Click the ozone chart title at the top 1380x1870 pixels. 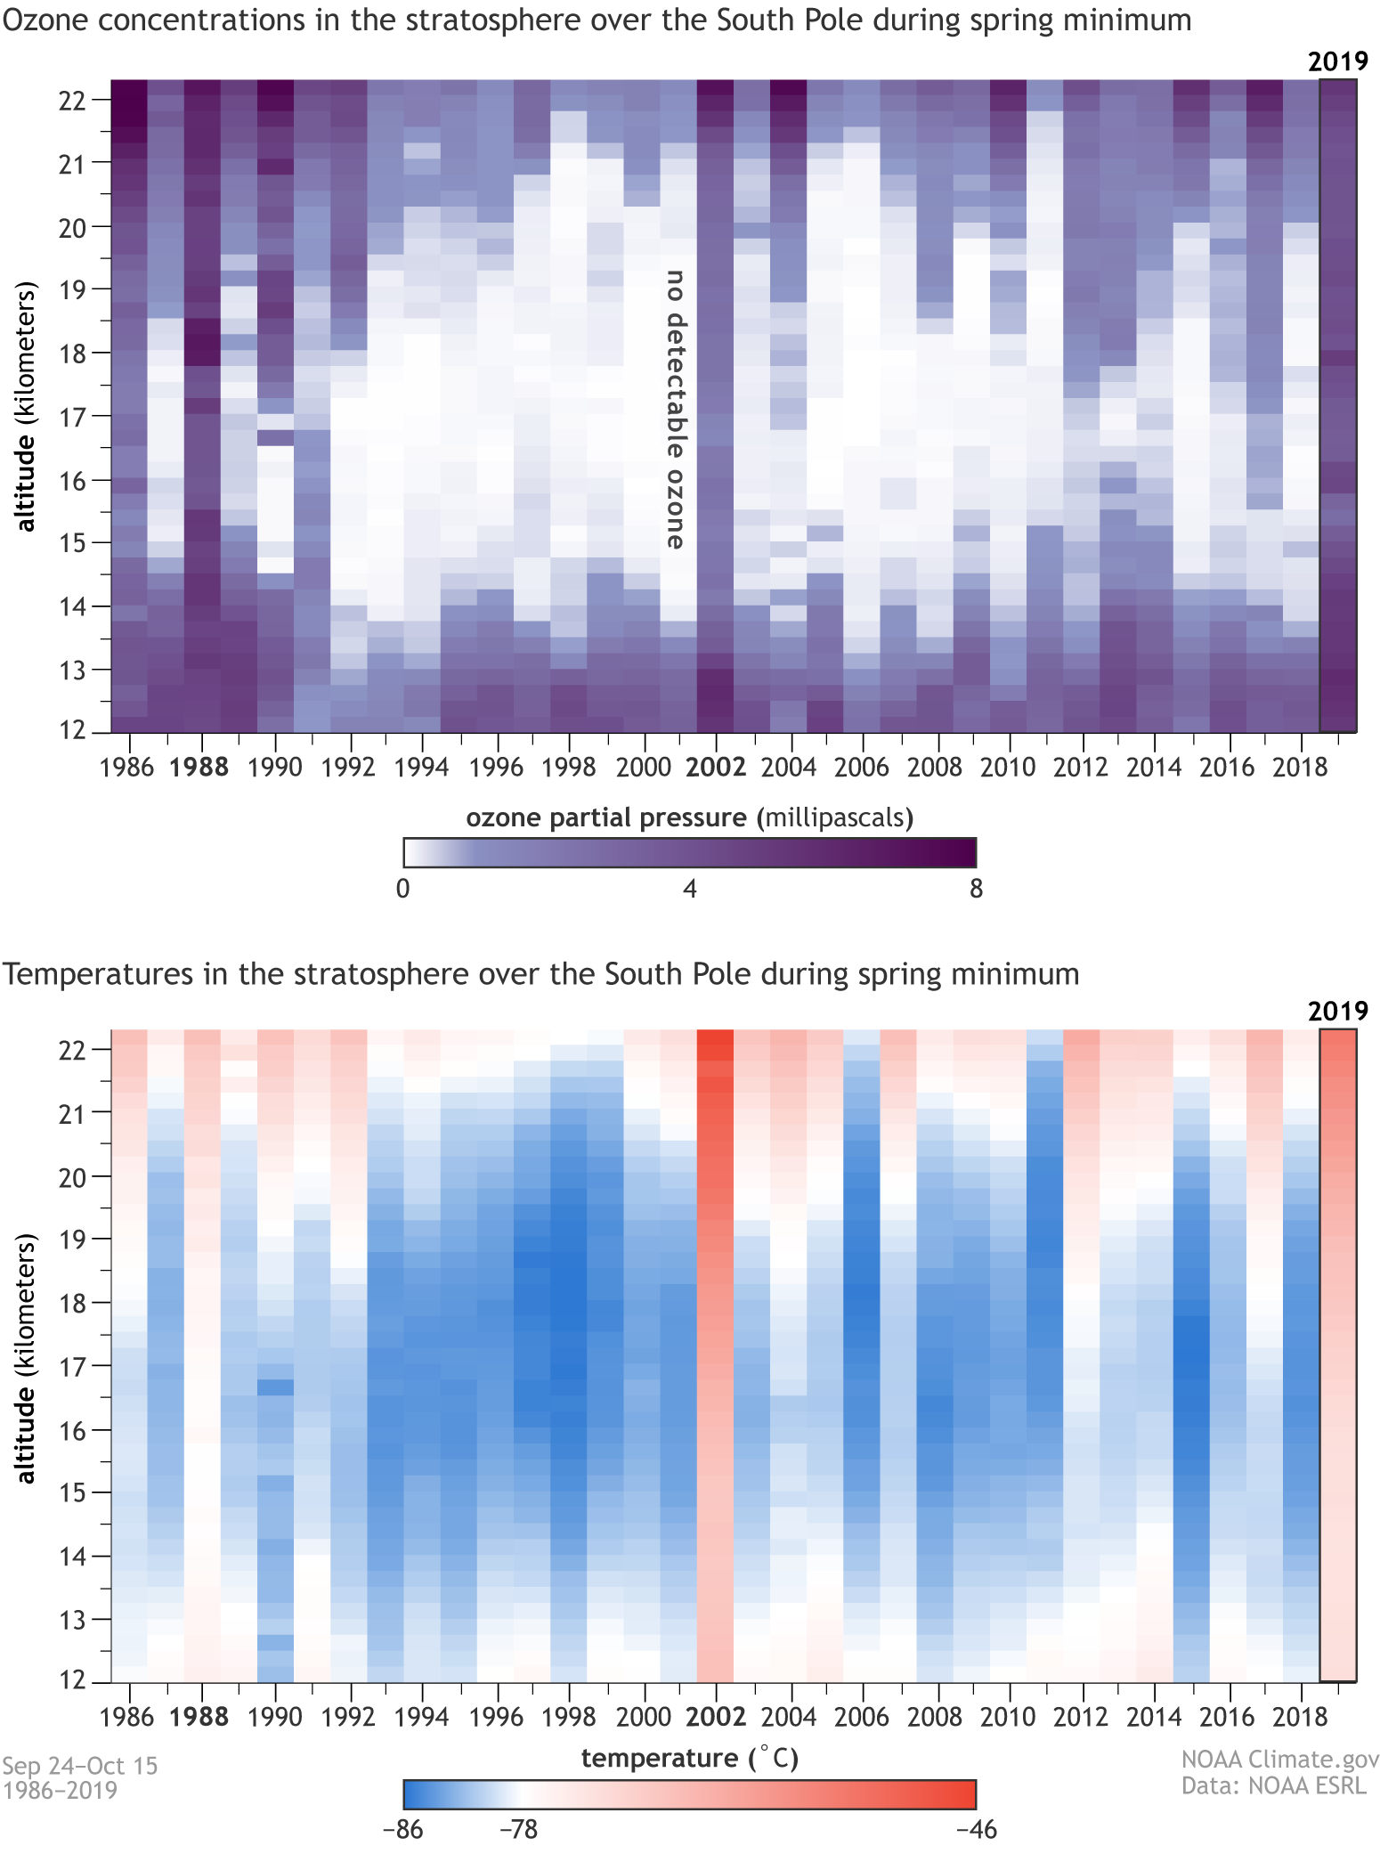pyautogui.click(x=597, y=20)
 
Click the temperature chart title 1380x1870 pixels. pyautogui.click(x=540, y=974)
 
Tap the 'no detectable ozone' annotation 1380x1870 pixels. pyautogui.click(x=677, y=410)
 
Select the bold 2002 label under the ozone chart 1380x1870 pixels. pyautogui.click(x=716, y=768)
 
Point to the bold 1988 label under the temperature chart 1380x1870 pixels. pyautogui.click(x=199, y=1717)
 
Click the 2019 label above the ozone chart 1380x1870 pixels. pyautogui.click(x=1337, y=61)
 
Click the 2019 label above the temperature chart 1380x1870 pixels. pyautogui.click(x=1337, y=1012)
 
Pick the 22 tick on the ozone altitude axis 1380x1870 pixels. pyautogui.click(x=71, y=101)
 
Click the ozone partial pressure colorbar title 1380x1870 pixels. pyautogui.click(x=690, y=817)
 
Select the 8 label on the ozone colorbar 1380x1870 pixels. pyautogui.click(x=976, y=889)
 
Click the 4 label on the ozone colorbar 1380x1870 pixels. pyautogui.click(x=690, y=889)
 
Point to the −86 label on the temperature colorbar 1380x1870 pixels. pyautogui.click(x=402, y=1831)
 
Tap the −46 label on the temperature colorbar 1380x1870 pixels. pyautogui.click(x=976, y=1831)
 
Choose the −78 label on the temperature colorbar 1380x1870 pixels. pyautogui.click(x=518, y=1831)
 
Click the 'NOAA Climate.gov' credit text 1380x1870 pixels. pyautogui.click(x=1279, y=1760)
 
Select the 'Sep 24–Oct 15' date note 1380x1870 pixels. pyautogui.click(x=80, y=1766)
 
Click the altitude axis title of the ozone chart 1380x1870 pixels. pyautogui.click(x=27, y=406)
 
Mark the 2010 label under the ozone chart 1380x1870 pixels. pyautogui.click(x=1008, y=768)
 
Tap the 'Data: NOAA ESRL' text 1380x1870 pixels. pyautogui.click(x=1273, y=1786)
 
